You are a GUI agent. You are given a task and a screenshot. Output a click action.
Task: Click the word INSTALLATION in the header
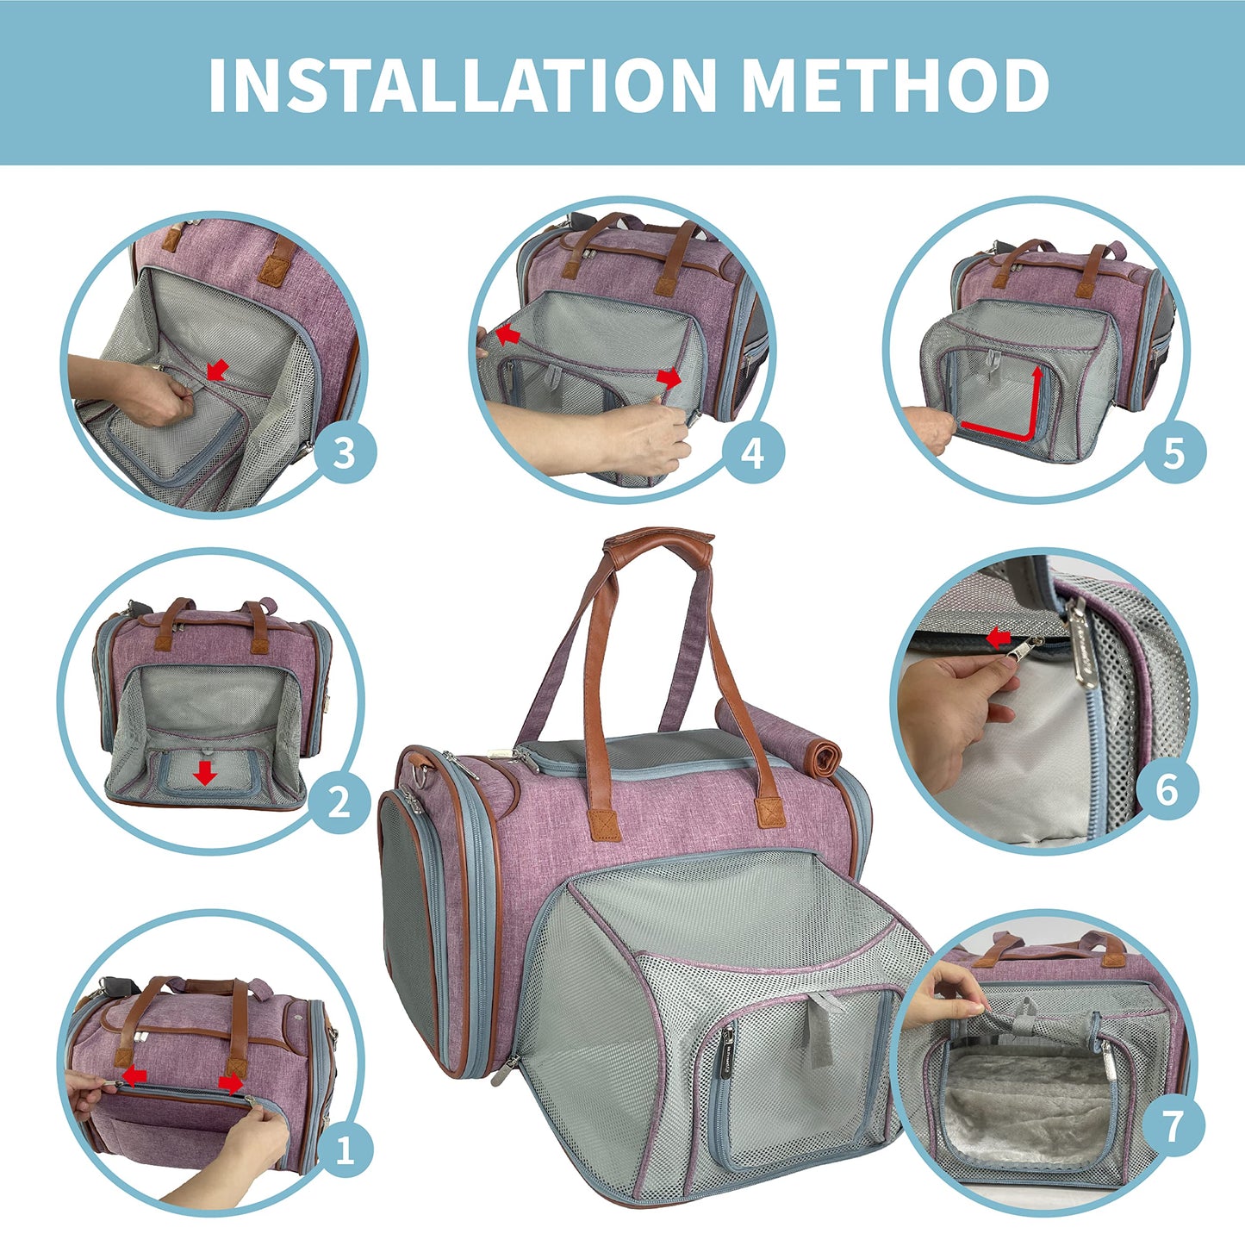click(x=463, y=85)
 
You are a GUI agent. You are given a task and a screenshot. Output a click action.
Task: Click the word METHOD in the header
click(x=894, y=85)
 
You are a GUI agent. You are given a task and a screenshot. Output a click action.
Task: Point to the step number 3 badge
click(x=344, y=453)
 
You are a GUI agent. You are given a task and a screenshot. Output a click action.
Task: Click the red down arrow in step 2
click(x=205, y=772)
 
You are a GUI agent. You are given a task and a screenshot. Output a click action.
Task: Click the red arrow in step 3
click(x=218, y=370)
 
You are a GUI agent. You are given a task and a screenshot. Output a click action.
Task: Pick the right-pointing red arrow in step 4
click(x=669, y=378)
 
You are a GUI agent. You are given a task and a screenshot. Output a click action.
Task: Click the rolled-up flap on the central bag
click(x=777, y=730)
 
